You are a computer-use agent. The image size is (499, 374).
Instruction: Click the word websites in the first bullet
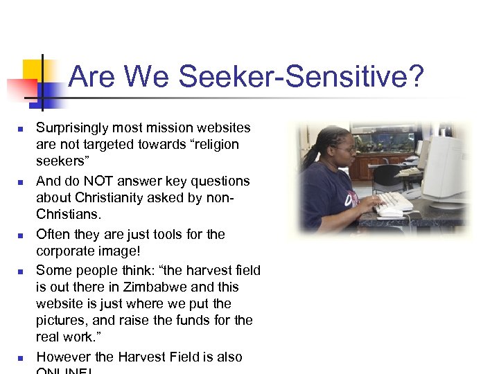[223, 128]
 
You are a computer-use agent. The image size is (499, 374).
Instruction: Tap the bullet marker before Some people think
[21, 271]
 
